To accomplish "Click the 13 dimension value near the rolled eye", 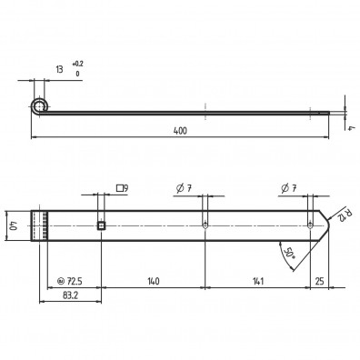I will coord(59,70).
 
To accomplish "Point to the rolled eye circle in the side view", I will coord(37,106).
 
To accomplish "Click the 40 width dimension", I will coord(14,224).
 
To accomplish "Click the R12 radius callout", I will coord(339,215).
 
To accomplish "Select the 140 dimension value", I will coord(153,282).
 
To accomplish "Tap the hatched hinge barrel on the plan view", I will coord(41,224).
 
